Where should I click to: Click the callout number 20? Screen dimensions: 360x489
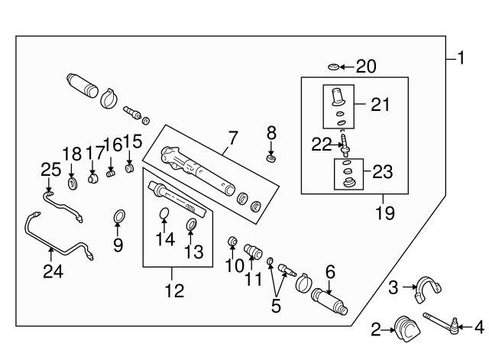tap(367, 67)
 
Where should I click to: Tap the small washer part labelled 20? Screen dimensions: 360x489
tap(333, 67)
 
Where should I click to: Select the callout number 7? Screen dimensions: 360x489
tap(232, 138)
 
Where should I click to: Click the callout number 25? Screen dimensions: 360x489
tap(50, 169)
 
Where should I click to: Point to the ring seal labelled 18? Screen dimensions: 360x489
tap(73, 183)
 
